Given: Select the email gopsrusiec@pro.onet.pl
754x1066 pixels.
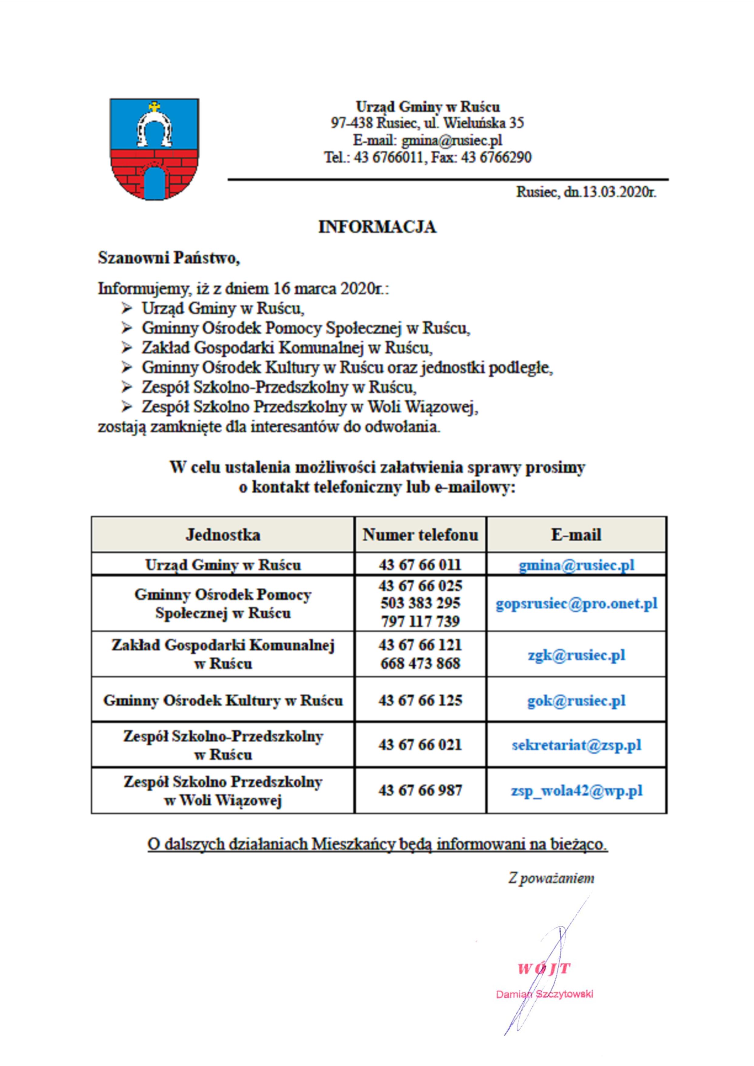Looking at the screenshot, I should (576, 604).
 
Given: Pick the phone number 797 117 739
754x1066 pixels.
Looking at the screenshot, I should (420, 621).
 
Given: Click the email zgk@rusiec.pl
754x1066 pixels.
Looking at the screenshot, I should (576, 655).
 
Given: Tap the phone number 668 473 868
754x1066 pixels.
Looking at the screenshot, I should (420, 663).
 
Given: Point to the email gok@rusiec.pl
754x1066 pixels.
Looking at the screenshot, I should (576, 701).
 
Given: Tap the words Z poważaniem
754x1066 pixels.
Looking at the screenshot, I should (551, 879).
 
